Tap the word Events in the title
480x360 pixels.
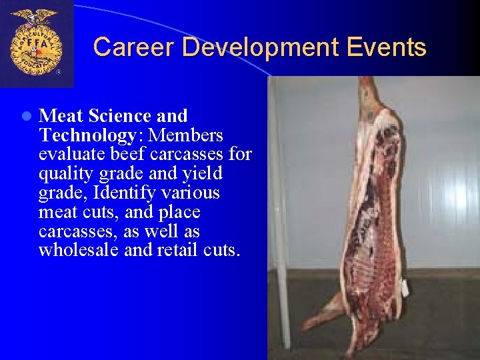click(393, 47)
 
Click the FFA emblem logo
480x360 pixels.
click(36, 43)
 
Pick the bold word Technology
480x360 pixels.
click(87, 135)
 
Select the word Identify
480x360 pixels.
click(123, 193)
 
